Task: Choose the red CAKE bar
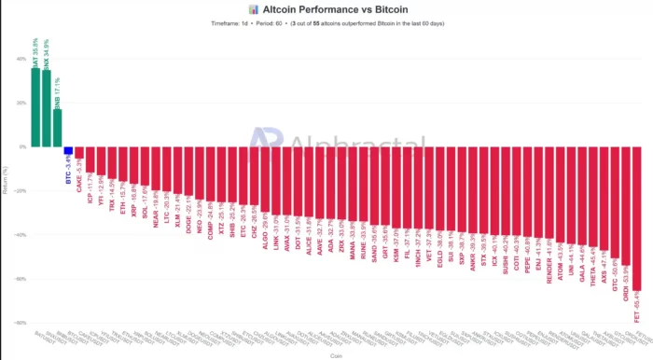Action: (x=80, y=152)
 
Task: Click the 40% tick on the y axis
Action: (x=21, y=60)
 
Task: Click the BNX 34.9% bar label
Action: (x=47, y=51)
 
